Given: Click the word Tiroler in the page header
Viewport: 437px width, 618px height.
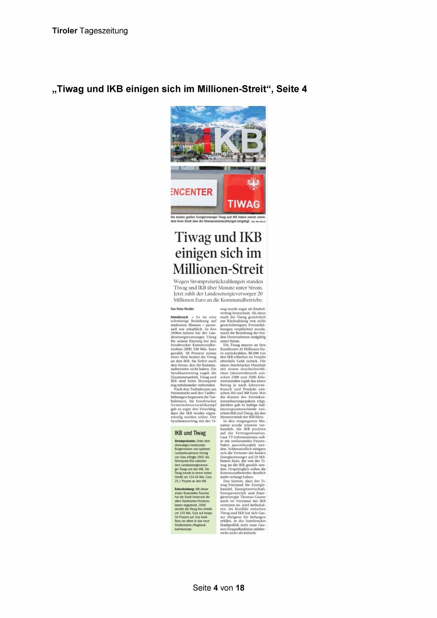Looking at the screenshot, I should (65, 31).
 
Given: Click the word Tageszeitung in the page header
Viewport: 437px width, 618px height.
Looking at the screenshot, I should (104, 31).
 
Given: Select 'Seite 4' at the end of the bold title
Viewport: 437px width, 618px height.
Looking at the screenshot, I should (292, 89).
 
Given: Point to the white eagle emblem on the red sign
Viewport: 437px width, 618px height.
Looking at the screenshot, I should (253, 184).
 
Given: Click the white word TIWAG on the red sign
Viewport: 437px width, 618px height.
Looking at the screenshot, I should (243, 204).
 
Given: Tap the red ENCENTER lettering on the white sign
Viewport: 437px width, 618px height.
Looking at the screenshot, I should (192, 192).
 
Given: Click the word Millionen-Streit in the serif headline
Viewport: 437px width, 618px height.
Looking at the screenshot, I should (218, 269).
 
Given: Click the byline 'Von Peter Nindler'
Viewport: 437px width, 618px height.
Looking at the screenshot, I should (182, 309).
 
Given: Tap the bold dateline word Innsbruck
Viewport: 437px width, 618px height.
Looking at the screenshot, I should (180, 317).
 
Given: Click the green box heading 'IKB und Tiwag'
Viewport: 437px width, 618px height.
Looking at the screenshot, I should (190, 433).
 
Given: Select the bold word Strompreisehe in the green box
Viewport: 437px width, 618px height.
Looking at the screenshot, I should (185, 441).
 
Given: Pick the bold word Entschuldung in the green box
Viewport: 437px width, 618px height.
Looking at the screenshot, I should (185, 489).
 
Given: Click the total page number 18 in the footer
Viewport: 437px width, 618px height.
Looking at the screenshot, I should (240, 588).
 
